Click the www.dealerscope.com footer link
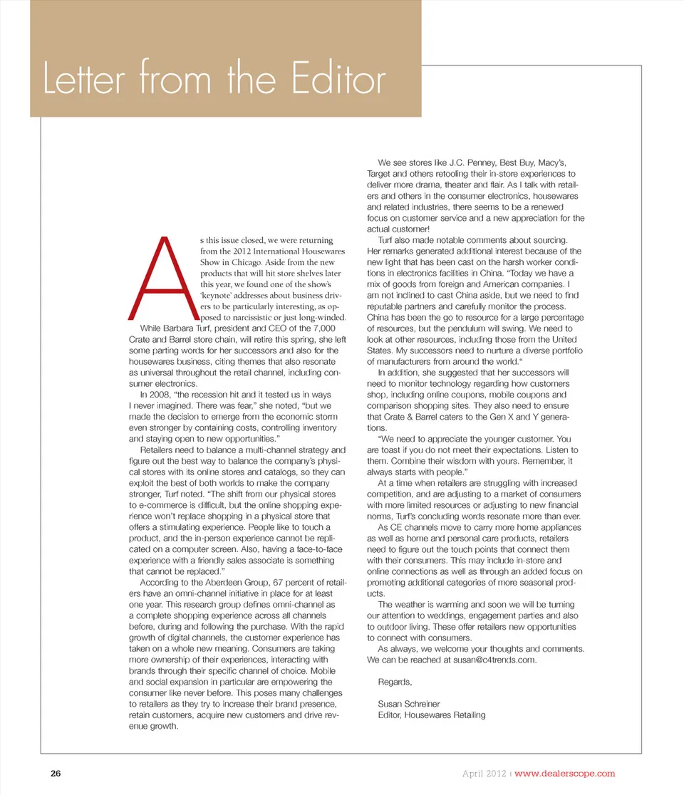click(564, 773)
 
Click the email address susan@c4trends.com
click(494, 660)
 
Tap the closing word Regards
click(395, 682)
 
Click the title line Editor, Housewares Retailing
click(432, 715)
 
